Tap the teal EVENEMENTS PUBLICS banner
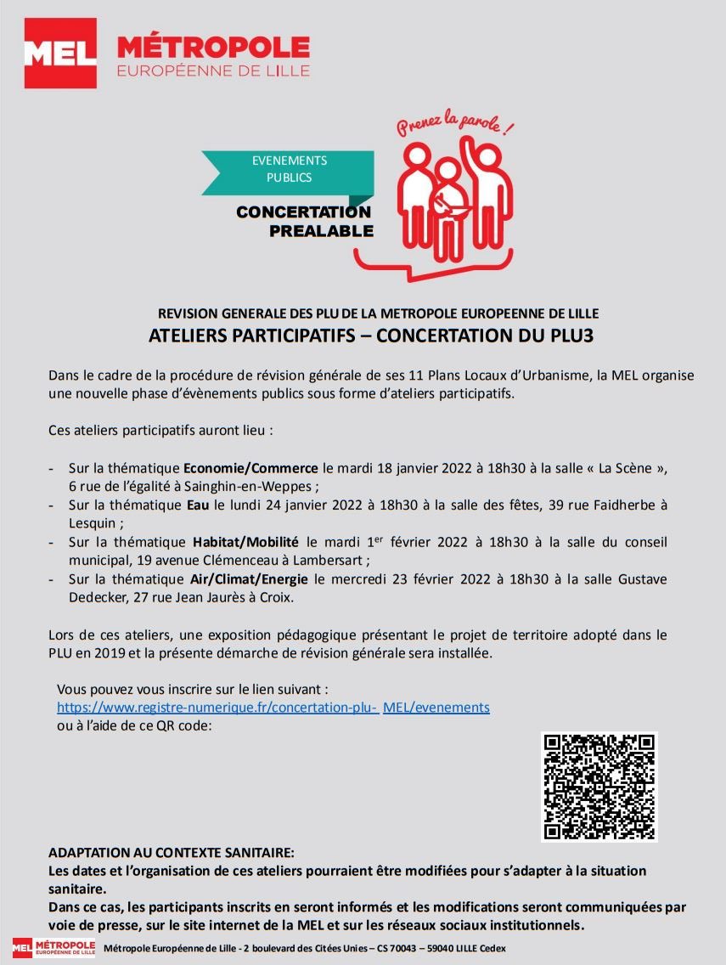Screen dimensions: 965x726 [289, 169]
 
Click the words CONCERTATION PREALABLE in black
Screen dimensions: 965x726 [304, 221]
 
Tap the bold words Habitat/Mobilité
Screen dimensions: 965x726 [245, 542]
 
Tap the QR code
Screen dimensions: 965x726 [599, 786]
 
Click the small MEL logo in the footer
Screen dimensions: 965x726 [53, 947]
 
